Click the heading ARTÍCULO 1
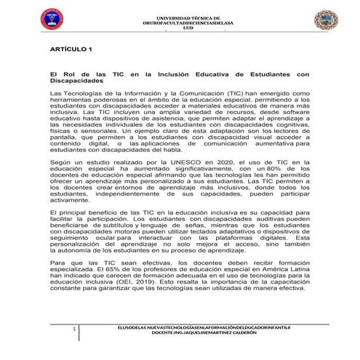pyautogui.click(x=71, y=49)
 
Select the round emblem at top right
pyautogui.click(x=332, y=20)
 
